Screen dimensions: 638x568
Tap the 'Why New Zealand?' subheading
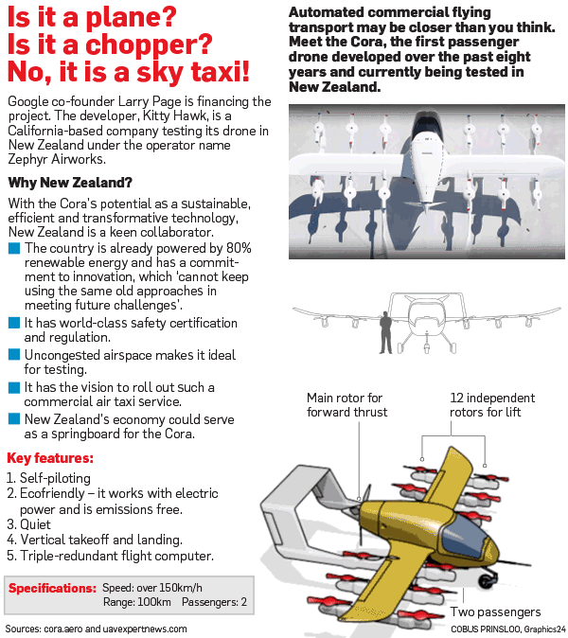pos(70,183)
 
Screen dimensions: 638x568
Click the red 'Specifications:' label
pos(53,588)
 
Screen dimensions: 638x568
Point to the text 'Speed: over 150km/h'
pos(152,587)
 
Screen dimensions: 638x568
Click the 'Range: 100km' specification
pos(133,602)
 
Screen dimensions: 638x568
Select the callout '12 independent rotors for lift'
pos(498,405)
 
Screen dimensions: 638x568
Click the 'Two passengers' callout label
pos(495,611)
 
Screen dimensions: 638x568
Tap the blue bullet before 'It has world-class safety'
pos(12,324)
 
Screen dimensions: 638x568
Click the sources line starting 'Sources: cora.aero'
pos(95,629)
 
